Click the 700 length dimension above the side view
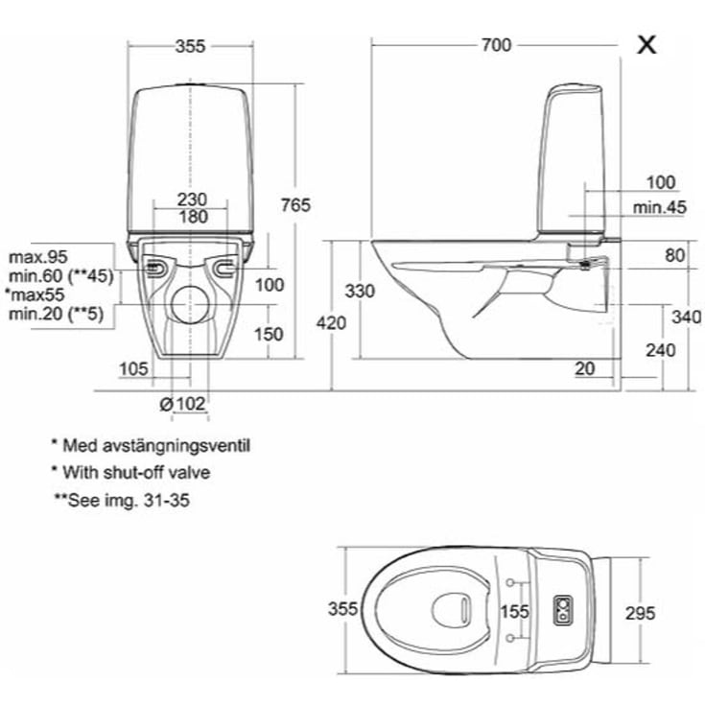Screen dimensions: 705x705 (x=497, y=45)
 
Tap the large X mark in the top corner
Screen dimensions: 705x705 (x=648, y=44)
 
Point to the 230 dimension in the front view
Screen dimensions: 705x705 (x=193, y=199)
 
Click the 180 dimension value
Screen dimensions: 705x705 (x=193, y=217)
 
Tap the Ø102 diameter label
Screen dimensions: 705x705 (x=183, y=404)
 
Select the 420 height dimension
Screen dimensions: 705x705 (x=331, y=323)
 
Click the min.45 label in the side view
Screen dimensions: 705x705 (x=659, y=207)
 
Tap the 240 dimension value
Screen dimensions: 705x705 (x=660, y=350)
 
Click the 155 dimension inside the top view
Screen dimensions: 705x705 (x=516, y=610)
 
